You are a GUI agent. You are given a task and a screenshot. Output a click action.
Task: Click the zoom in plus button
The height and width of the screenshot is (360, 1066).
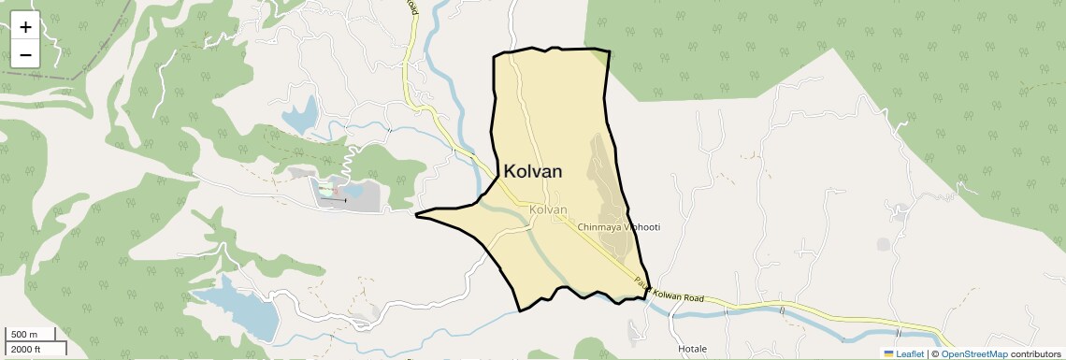point(25,27)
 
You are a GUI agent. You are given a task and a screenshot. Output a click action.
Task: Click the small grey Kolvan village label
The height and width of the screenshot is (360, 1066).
point(548,210)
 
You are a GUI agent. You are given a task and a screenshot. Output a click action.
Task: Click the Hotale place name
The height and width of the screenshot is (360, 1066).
point(692,349)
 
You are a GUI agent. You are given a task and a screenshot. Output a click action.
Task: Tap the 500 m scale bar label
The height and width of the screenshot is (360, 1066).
point(24,335)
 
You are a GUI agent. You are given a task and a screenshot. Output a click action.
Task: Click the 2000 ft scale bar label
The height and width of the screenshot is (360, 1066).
point(25,349)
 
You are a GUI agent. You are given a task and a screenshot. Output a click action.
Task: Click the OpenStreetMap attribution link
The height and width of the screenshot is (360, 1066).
point(973,353)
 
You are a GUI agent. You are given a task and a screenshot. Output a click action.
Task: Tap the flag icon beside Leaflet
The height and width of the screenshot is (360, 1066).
point(889,353)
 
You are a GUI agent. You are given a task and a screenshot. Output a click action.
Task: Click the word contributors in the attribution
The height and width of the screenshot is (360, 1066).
point(1036,353)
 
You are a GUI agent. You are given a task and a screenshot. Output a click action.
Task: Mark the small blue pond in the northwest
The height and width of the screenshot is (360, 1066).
point(301,117)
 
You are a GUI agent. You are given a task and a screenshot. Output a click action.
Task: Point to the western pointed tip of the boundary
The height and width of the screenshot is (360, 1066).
point(417,215)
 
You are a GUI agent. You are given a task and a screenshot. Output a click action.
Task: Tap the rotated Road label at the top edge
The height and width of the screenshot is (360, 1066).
point(411,7)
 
